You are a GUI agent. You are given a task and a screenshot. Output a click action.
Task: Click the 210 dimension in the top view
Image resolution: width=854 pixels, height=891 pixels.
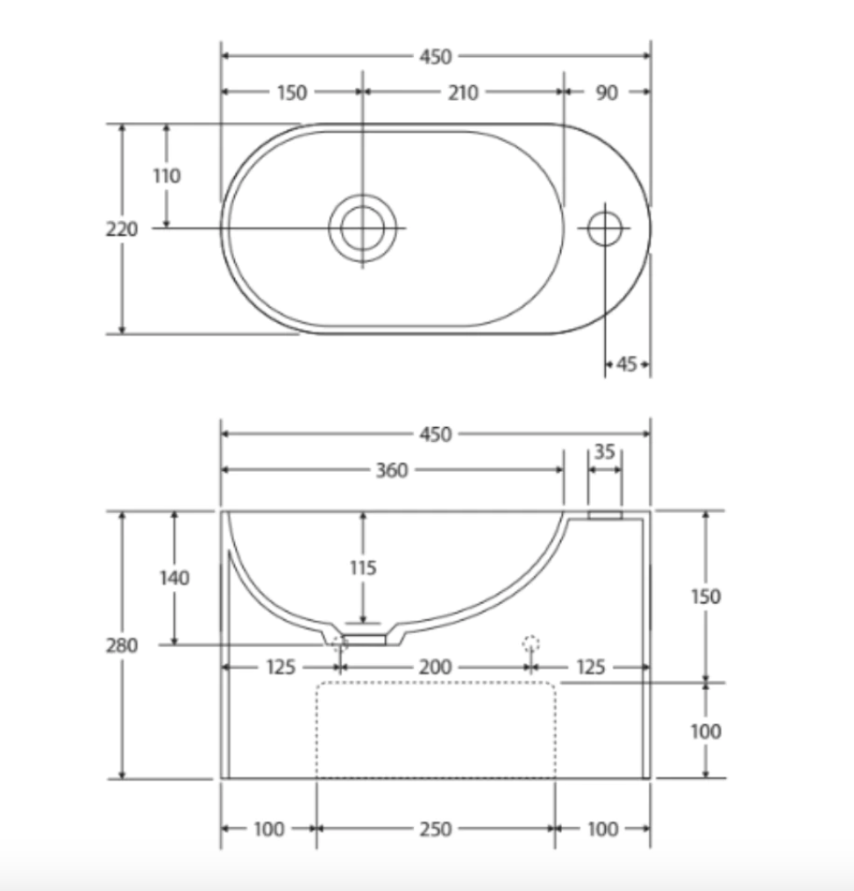(x=463, y=92)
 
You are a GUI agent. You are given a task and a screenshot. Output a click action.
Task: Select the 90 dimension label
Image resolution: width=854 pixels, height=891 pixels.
(x=607, y=92)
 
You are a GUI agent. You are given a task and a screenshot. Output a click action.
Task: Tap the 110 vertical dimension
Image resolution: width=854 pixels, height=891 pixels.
(x=167, y=175)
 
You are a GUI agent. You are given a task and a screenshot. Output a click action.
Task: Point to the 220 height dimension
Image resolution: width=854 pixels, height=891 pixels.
(x=122, y=229)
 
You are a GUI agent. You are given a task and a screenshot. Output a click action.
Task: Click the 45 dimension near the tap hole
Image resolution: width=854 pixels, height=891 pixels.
(x=626, y=364)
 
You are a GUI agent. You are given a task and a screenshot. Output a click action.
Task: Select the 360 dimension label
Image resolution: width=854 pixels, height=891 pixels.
(x=391, y=470)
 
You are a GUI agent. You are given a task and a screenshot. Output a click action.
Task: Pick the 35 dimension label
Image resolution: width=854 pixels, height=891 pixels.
(x=605, y=453)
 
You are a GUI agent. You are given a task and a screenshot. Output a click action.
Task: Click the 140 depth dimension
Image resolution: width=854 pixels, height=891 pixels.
(x=174, y=578)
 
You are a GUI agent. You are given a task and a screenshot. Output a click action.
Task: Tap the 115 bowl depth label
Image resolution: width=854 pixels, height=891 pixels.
(x=363, y=567)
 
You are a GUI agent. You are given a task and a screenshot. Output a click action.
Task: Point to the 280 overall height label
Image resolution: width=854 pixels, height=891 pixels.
(x=122, y=645)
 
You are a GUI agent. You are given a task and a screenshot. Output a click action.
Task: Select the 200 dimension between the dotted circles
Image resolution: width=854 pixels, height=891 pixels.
(x=434, y=667)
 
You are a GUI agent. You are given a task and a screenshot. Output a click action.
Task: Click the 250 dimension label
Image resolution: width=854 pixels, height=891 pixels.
(x=435, y=829)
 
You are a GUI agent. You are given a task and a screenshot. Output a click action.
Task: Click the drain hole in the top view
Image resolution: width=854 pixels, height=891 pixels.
(x=362, y=228)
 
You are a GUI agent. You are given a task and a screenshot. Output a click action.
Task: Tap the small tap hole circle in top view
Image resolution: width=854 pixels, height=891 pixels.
(x=605, y=228)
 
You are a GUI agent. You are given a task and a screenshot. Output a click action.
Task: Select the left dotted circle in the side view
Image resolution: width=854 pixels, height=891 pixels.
(x=340, y=644)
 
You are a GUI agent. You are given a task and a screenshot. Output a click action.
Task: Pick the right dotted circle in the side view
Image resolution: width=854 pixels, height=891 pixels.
(x=530, y=644)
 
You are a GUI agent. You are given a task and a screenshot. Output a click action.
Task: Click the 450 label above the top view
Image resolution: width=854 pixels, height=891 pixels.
(x=435, y=56)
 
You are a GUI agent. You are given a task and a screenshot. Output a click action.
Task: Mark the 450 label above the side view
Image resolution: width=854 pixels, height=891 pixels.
(x=435, y=434)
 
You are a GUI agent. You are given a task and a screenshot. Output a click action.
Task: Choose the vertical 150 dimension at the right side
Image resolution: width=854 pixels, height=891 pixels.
(x=706, y=596)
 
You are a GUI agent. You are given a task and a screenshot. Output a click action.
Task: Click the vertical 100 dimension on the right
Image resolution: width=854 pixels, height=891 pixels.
(x=706, y=731)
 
